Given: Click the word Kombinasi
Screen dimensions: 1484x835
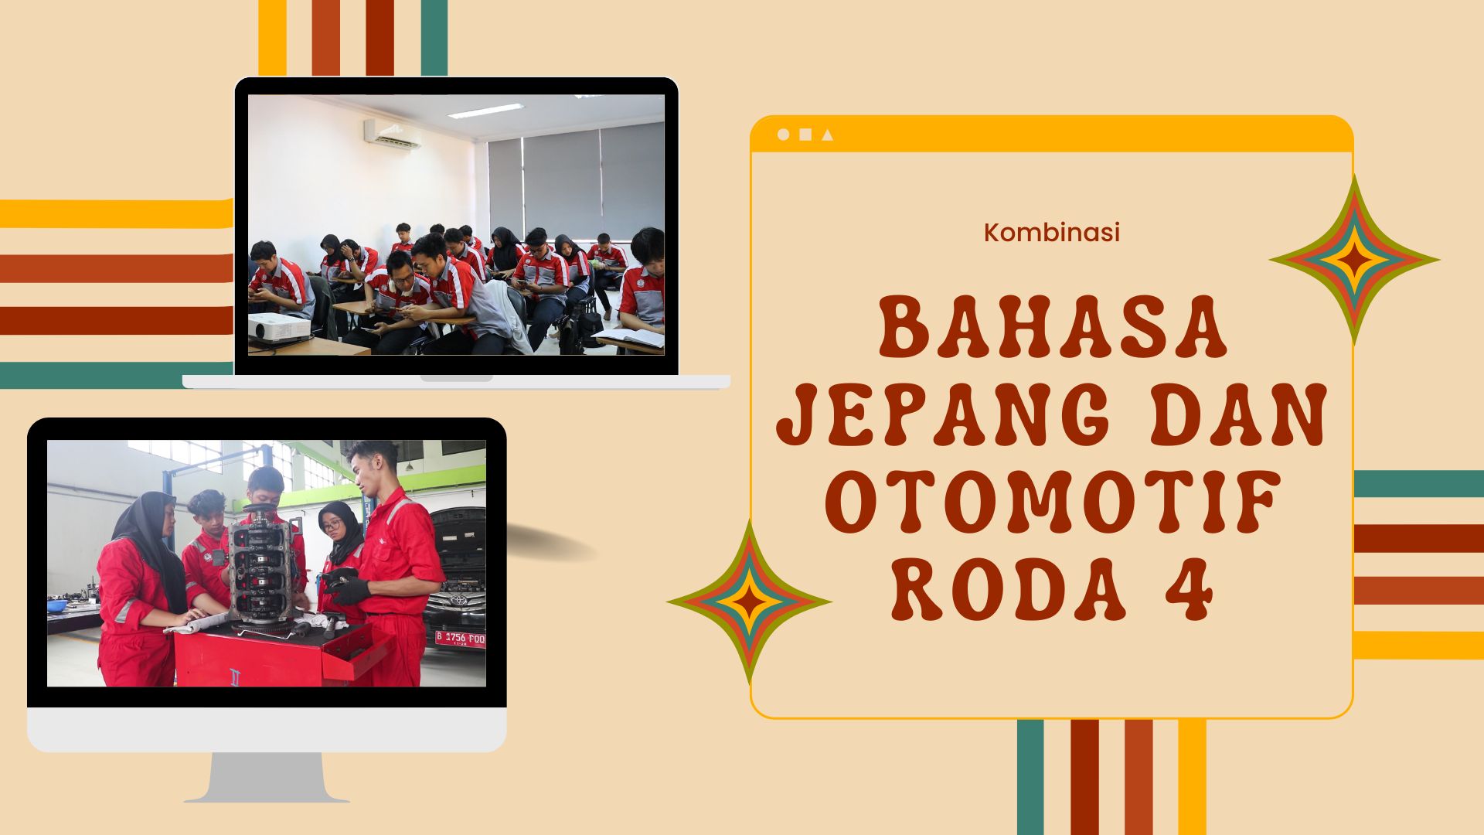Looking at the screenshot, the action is tap(1052, 233).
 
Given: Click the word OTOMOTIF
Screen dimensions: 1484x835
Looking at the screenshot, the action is tap(1052, 505).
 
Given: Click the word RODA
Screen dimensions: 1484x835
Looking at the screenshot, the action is tap(1008, 590).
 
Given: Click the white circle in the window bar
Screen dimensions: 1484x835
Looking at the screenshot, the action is tap(783, 135).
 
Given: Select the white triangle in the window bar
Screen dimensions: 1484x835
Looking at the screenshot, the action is tap(828, 135).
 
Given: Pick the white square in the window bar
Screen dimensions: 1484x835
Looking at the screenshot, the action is tap(805, 135).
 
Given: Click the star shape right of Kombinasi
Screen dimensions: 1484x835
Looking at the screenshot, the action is tap(1354, 260).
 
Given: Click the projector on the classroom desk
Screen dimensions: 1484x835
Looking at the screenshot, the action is tap(280, 328).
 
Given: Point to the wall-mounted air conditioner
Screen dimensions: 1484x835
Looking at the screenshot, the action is tap(393, 135).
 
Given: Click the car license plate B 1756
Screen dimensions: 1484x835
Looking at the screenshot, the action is tap(460, 638).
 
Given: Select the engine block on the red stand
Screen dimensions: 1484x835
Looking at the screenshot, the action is tap(260, 568).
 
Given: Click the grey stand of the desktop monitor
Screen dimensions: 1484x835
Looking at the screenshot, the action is tap(267, 777).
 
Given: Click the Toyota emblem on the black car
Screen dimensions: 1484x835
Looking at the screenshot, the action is tap(459, 599).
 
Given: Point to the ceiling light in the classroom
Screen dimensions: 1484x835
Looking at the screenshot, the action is tap(485, 111).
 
